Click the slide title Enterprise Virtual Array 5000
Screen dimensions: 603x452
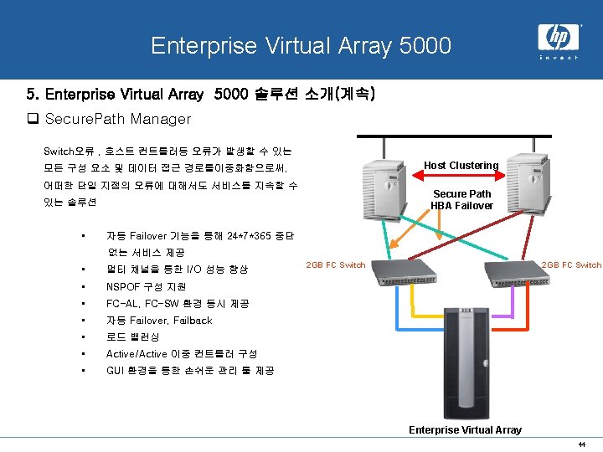coord(301,44)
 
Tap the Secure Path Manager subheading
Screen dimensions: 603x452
coord(117,119)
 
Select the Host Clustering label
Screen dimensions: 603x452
coord(461,166)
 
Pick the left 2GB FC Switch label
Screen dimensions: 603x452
coord(336,265)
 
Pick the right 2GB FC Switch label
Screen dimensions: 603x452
coord(571,265)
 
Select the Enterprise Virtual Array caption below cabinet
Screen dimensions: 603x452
coord(465,430)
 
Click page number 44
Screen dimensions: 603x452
coord(580,444)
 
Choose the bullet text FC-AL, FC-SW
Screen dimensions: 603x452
coord(178,303)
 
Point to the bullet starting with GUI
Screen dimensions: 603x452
coord(190,370)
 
